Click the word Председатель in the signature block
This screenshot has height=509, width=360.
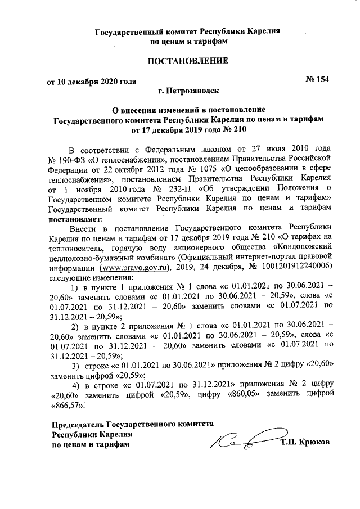[x=77, y=425]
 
